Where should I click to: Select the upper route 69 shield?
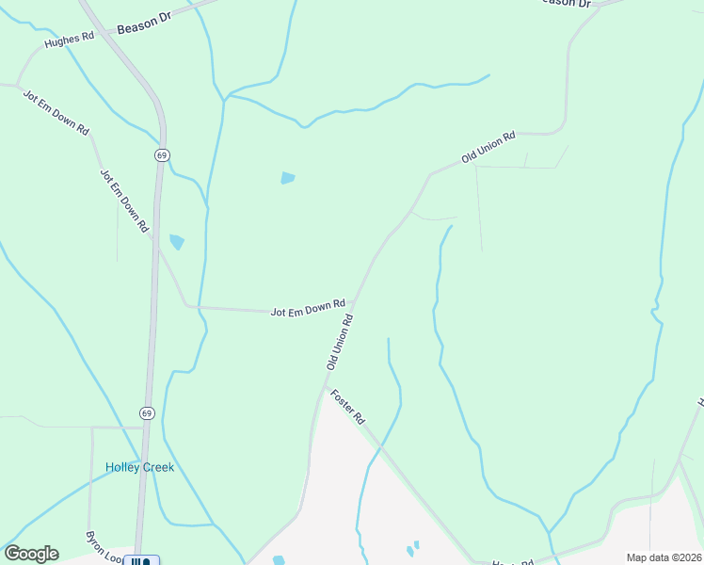[x=162, y=154]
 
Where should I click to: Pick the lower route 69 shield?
[x=147, y=412]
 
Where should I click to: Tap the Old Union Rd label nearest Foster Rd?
[x=340, y=342]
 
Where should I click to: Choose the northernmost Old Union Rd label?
[x=488, y=148]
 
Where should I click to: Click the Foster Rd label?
[x=347, y=406]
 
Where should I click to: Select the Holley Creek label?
[x=139, y=467]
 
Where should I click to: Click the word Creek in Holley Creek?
[x=158, y=467]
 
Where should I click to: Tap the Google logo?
[x=31, y=554]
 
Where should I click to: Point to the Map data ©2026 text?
[x=663, y=557]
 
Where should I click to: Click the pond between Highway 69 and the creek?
[x=176, y=242]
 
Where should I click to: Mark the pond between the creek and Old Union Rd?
[x=287, y=177]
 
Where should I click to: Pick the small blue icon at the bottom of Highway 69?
[x=141, y=561]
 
